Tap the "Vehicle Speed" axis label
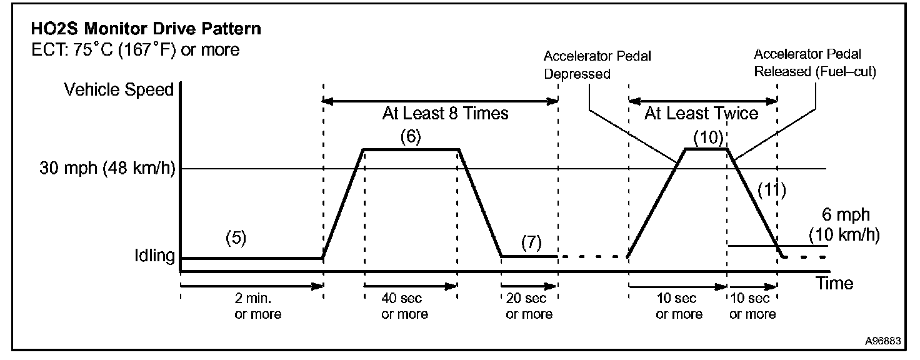[x=119, y=90]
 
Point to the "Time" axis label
[x=834, y=283]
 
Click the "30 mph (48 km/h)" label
[x=106, y=169]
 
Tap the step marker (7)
[x=531, y=242]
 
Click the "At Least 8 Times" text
[x=445, y=114]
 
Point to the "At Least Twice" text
[x=701, y=114]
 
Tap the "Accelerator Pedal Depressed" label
[x=597, y=65]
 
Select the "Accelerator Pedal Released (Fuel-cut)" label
[x=815, y=63]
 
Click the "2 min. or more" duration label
[x=257, y=306]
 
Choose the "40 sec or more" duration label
[x=404, y=306]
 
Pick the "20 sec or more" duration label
[x=529, y=306]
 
